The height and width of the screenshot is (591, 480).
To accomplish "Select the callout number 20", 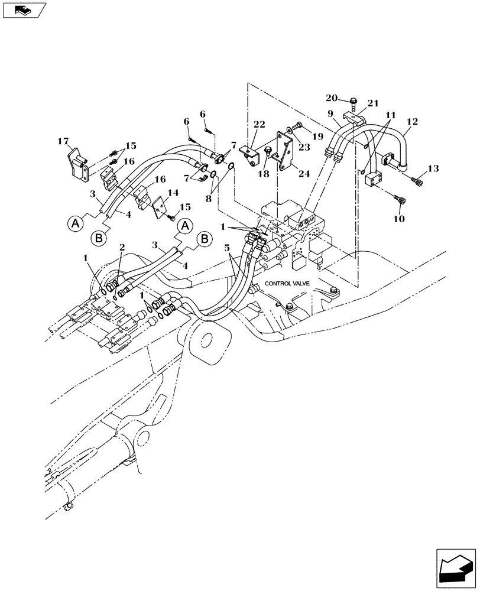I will [332, 98].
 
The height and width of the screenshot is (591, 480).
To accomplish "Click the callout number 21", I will [372, 103].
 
